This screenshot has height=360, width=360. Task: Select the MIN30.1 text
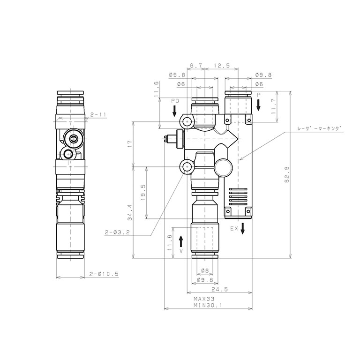[x=207, y=305]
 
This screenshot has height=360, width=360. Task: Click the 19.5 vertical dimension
[x=143, y=192]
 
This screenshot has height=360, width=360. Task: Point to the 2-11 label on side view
[x=98, y=114]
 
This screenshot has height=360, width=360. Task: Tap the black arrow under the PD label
[x=174, y=111]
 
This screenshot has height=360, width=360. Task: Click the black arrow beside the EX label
[x=242, y=230]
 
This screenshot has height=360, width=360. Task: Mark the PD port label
[x=174, y=101]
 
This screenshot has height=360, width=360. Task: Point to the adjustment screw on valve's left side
[x=168, y=139]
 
